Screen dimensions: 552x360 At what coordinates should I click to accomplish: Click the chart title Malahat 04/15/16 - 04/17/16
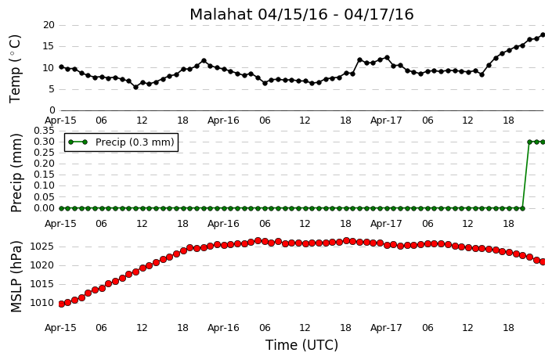301,14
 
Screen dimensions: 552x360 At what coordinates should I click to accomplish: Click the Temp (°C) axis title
15,69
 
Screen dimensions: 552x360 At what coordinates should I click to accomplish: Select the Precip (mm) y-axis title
16,173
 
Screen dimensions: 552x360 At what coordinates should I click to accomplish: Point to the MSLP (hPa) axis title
16,276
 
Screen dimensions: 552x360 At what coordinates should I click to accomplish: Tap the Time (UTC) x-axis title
301,345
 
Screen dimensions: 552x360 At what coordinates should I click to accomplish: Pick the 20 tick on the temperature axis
49,25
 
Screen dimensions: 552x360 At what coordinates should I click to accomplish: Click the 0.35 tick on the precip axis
44,131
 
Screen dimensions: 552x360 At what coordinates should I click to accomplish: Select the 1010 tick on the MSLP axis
42,303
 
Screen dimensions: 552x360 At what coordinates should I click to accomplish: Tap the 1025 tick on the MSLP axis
42,247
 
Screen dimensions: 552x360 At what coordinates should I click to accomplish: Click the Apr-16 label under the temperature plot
223,121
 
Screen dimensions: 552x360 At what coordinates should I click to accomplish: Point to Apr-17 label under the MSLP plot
386,328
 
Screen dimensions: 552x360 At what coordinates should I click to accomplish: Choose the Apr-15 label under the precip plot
60,224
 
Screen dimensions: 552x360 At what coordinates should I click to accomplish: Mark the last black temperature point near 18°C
543,35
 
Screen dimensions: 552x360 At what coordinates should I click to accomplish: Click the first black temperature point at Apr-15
61,67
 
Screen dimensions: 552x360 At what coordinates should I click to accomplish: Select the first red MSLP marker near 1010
61,304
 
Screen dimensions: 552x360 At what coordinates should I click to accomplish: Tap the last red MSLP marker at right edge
543,262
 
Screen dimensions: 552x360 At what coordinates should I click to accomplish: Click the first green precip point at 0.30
529,142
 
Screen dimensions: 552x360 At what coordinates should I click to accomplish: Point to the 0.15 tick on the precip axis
44,175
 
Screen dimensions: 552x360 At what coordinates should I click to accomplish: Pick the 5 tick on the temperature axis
52,89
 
